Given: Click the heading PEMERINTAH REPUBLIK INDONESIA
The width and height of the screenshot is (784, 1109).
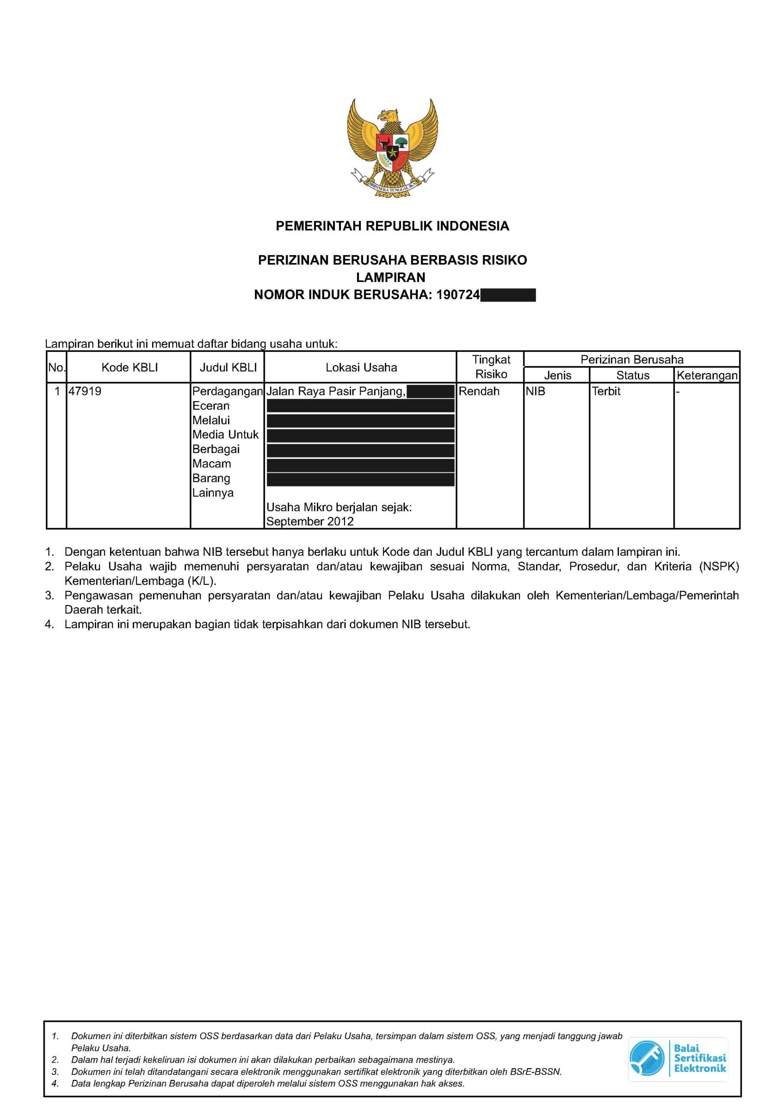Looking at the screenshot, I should tap(392, 226).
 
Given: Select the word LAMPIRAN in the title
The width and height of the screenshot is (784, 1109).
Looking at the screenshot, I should tap(390, 278).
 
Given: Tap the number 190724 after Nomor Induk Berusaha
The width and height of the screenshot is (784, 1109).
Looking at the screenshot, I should tap(458, 295).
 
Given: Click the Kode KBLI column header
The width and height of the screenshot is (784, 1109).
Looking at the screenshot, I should tap(130, 368).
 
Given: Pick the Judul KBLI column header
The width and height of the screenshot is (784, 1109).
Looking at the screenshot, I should tap(228, 368).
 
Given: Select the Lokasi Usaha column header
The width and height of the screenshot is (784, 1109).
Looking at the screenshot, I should tap(361, 368).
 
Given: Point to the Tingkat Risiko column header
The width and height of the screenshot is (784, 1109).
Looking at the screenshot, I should tap(491, 367).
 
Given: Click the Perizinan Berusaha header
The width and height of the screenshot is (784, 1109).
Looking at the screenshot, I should tap(632, 360).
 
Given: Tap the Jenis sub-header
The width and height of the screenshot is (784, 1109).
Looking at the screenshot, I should tap(557, 375).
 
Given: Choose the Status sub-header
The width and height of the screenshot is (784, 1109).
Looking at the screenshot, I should tap(632, 375).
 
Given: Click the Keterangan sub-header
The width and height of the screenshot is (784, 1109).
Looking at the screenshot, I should tap(707, 375).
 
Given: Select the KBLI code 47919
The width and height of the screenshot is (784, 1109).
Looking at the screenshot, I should tap(85, 391).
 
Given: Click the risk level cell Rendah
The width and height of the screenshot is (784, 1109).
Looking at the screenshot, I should tap(478, 391).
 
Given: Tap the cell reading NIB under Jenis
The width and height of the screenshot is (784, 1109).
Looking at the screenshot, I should tap(536, 391).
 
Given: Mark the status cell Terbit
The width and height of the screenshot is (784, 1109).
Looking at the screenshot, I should tap(606, 391).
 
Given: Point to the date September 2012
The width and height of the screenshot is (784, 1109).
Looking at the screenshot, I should tap(310, 522).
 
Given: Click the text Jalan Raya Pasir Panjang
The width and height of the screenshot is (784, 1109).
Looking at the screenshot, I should tap(335, 391).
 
